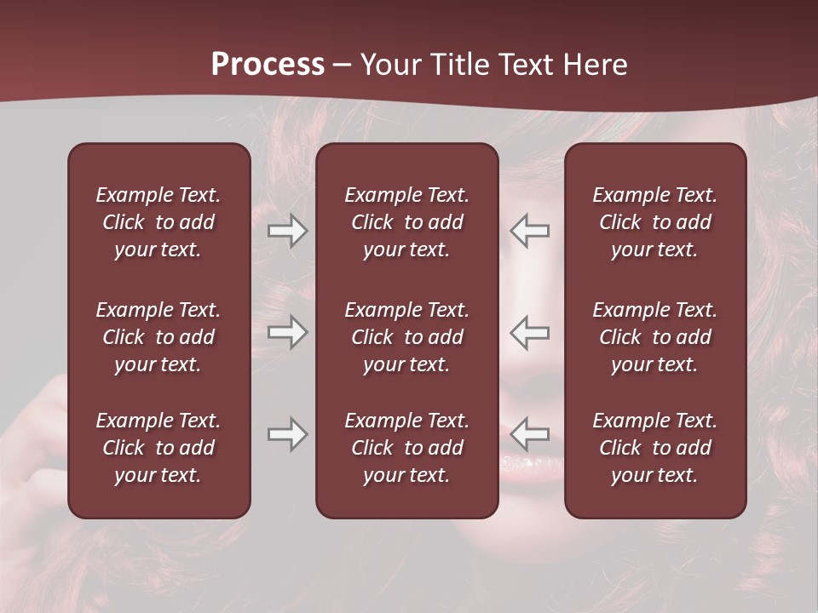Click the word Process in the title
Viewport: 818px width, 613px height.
click(x=268, y=65)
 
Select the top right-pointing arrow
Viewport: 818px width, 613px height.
click(x=288, y=231)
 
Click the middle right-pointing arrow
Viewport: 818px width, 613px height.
click(x=288, y=332)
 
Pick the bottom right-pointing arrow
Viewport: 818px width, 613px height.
click(x=288, y=434)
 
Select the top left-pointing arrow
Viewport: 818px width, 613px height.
click(x=529, y=231)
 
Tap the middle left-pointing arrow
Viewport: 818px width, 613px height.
click(x=529, y=332)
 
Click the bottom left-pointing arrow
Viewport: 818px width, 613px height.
click(x=529, y=434)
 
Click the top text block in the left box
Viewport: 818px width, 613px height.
click(x=158, y=222)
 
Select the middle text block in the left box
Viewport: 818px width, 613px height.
click(x=158, y=337)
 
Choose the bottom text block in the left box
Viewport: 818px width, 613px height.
click(x=158, y=448)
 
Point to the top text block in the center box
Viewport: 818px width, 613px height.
click(x=406, y=222)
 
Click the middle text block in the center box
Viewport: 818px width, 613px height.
click(x=406, y=337)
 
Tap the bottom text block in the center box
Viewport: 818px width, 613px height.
click(x=406, y=448)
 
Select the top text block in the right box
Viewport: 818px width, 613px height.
click(x=654, y=222)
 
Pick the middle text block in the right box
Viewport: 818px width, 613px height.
click(x=654, y=337)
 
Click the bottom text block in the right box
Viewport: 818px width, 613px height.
click(x=654, y=448)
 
